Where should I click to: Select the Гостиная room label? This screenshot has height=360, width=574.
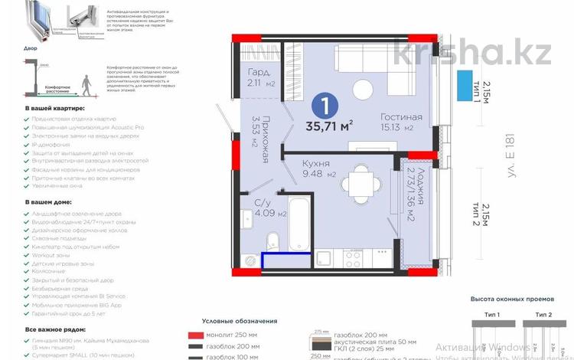[380, 117]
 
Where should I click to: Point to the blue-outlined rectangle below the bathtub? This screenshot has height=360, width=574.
[287, 261]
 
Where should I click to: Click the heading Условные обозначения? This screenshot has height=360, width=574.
[239, 321]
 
